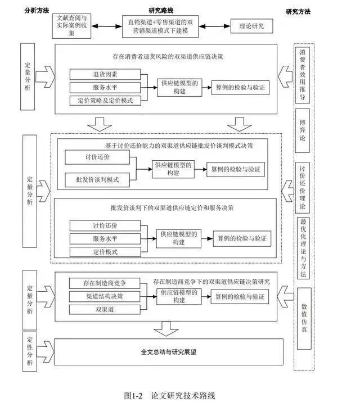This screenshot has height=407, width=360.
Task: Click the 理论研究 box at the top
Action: click(251, 25)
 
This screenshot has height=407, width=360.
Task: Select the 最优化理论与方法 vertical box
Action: click(303, 247)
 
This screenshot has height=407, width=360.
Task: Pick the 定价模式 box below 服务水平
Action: click(105, 252)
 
